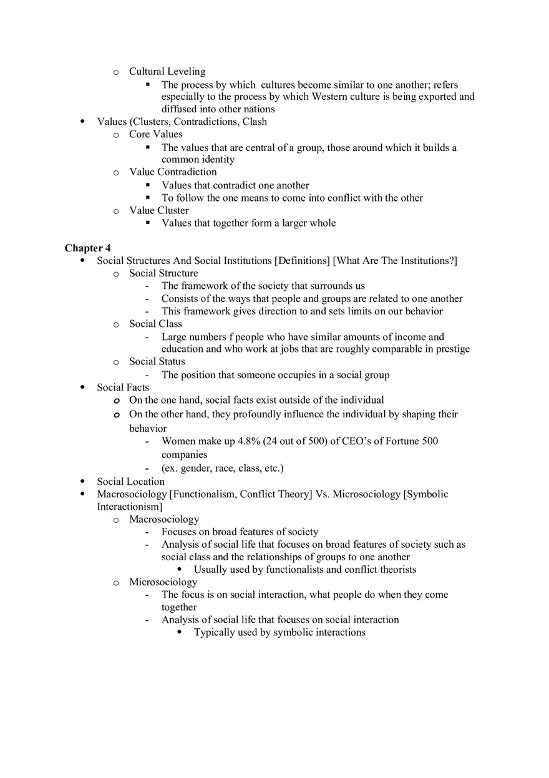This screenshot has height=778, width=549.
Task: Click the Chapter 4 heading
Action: click(87, 248)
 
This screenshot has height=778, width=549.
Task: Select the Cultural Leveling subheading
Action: click(167, 71)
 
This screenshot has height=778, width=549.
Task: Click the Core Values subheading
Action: click(156, 134)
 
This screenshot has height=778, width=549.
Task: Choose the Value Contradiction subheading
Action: click(173, 172)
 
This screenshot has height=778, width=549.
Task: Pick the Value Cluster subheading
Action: click(158, 210)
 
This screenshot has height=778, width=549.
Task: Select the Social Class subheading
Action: click(155, 324)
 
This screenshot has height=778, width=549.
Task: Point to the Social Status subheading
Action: click(157, 361)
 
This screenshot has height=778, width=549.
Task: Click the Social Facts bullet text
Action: click(123, 387)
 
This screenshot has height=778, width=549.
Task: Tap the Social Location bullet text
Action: click(130, 482)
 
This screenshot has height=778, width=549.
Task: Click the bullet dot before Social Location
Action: click(83, 482)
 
